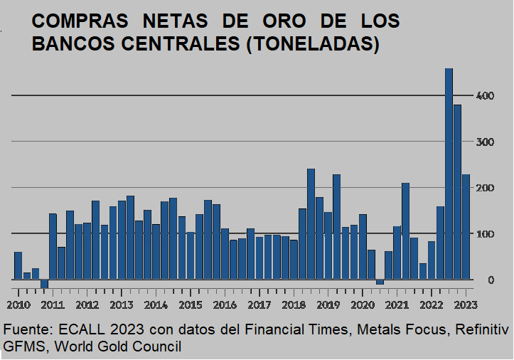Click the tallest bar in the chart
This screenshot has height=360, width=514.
(x=449, y=174)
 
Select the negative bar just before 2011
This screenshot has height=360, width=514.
(x=44, y=284)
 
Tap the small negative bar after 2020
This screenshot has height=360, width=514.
(x=380, y=282)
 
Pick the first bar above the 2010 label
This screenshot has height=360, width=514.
(x=18, y=265)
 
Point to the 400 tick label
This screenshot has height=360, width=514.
(x=484, y=95)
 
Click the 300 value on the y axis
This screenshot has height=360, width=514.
(x=484, y=142)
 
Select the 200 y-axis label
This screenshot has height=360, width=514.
(x=484, y=188)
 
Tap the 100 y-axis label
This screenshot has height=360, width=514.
(x=484, y=234)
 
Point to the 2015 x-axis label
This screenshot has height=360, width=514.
(x=190, y=305)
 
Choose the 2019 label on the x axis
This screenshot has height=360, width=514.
(x=328, y=305)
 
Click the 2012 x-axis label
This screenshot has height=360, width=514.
(x=87, y=305)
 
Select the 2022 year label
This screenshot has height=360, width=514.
(x=431, y=305)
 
